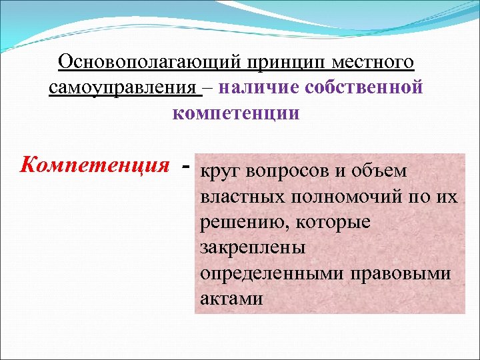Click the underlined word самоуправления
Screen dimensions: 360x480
click(x=123, y=88)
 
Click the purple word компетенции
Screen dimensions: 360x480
click(x=236, y=113)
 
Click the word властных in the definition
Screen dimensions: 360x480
click(x=235, y=197)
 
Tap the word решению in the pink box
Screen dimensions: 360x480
click(x=237, y=223)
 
